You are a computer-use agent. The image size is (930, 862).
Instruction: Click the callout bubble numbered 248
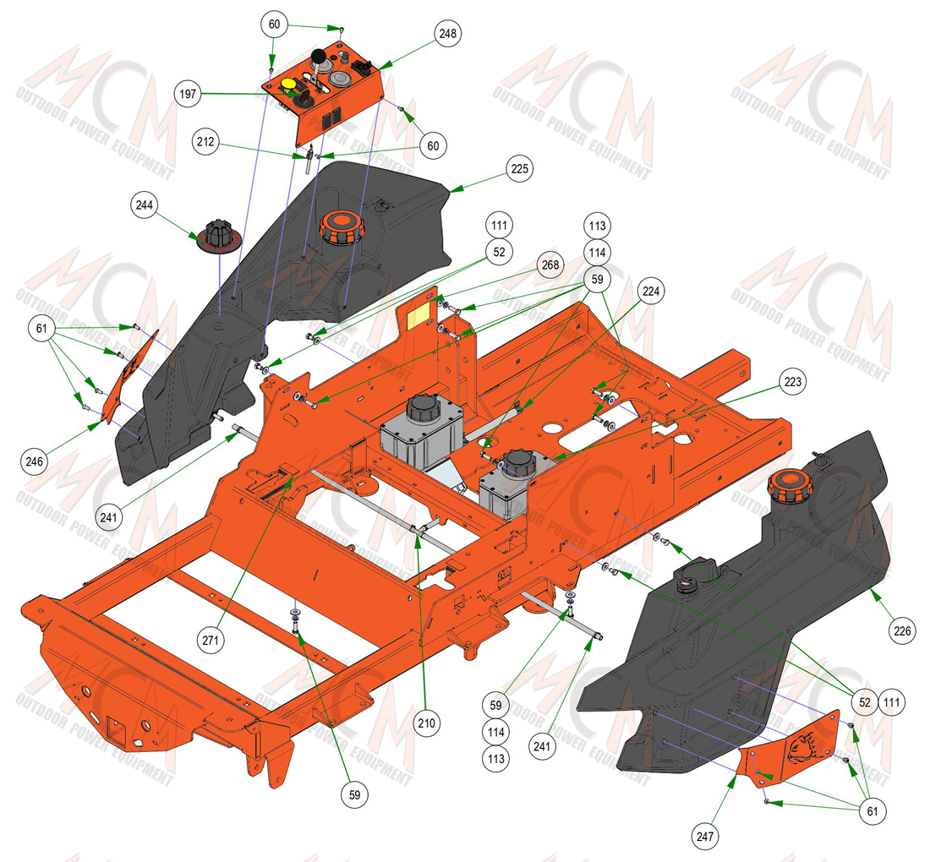(448, 34)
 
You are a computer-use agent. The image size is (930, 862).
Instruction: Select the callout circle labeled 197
(188, 94)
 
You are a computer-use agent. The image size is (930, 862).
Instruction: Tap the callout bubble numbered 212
(205, 142)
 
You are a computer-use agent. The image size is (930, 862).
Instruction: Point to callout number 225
(520, 169)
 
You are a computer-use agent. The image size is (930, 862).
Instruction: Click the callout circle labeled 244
(144, 205)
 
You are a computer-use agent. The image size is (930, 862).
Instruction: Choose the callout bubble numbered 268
(550, 265)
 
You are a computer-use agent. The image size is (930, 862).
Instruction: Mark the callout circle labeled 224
(651, 291)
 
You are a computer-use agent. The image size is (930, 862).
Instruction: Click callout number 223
(793, 382)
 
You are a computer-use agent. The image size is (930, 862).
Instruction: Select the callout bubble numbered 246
(35, 461)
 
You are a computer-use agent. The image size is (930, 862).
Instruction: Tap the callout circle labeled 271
(211, 641)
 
